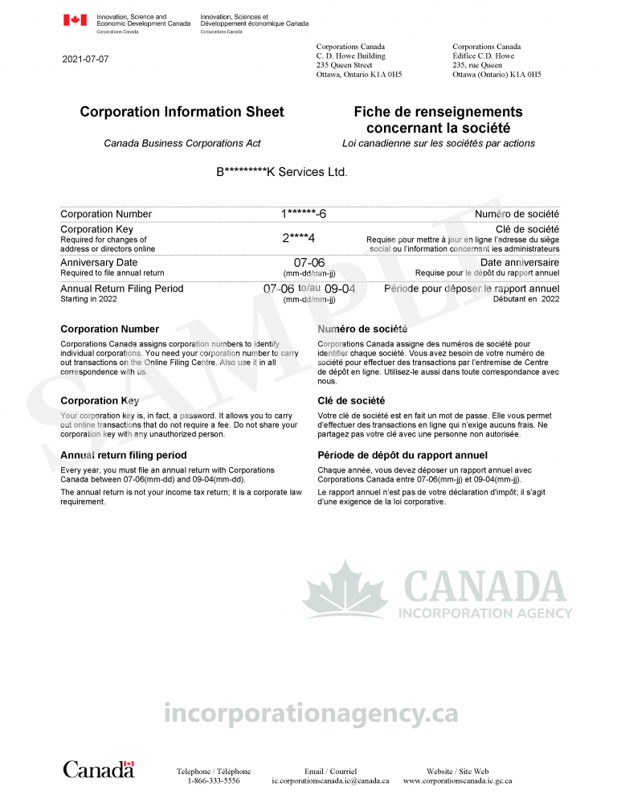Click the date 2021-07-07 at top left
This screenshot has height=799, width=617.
click(85, 59)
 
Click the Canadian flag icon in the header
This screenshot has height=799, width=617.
click(75, 20)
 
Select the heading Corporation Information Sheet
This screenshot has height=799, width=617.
click(182, 112)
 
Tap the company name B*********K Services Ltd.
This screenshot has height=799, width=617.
click(281, 172)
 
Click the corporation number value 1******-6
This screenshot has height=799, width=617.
click(304, 214)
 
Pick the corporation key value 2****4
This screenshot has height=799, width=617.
click(298, 238)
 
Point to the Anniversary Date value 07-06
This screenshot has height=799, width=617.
click(309, 263)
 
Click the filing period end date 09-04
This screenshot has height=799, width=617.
click(340, 289)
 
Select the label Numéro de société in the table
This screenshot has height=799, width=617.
click(517, 214)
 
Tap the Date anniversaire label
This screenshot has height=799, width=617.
click(520, 262)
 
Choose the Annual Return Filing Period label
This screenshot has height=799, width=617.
click(121, 289)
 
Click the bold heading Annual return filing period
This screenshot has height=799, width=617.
click(123, 455)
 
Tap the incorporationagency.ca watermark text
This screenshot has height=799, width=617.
click(310, 712)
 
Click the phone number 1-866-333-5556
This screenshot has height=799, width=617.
click(213, 781)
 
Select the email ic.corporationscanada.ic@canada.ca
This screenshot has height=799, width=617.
click(330, 781)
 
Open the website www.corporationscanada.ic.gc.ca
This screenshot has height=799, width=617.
click(457, 781)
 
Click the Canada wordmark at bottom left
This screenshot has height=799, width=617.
click(99, 769)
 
